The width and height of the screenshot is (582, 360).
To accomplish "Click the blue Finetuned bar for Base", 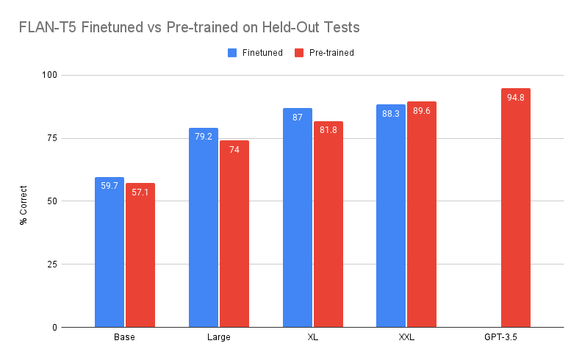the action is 109,253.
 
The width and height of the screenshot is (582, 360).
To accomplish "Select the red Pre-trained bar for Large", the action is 234,234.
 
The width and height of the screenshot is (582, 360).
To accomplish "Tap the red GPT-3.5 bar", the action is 516,208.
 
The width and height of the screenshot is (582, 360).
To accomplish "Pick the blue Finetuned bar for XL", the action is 298,218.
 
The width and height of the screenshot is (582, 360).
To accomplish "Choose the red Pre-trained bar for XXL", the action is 422,215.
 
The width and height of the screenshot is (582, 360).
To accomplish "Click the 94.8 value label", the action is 516,98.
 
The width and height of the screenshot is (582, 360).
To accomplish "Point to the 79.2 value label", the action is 204,137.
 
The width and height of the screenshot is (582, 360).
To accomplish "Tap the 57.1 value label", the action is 140,192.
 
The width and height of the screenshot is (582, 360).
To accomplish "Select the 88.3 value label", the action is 391,114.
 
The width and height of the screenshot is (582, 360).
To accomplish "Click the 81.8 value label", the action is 328,130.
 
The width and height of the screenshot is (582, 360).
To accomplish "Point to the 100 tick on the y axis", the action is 50,75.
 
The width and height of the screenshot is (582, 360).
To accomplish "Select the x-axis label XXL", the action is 406,337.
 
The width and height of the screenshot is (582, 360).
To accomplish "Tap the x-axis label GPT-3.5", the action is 500,337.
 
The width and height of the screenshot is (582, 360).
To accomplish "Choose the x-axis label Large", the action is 219,337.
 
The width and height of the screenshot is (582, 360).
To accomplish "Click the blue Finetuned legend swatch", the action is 232,53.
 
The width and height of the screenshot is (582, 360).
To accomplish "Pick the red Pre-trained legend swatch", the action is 299,53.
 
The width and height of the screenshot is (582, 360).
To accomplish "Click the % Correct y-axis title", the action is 24,205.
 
